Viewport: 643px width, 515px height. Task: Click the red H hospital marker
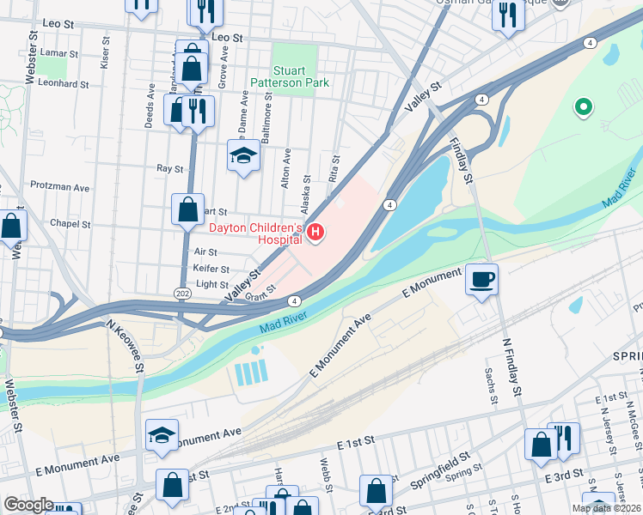coord(315,233)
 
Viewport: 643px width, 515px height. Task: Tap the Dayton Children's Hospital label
coord(257,233)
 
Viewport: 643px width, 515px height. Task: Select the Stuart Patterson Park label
coord(290,76)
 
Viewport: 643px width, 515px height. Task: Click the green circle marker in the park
coord(583,107)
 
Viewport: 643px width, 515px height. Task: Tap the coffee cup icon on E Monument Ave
coord(481,279)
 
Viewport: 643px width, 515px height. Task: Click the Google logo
coord(28,505)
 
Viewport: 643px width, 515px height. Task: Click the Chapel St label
coord(70,224)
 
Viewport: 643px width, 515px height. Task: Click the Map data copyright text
coord(607,508)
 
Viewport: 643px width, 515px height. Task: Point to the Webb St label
coord(325,472)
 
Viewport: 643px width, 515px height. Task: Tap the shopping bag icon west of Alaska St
coord(187,209)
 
